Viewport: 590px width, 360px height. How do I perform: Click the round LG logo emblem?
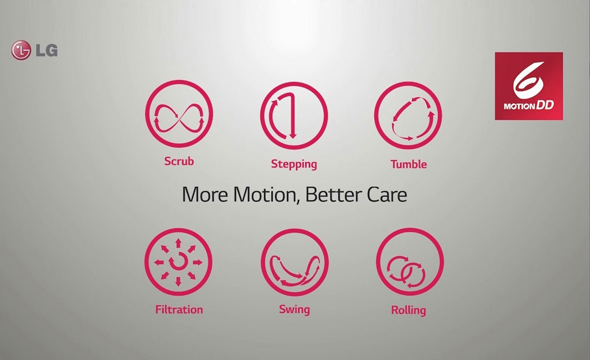point(21,50)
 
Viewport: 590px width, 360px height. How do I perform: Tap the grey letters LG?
point(46,50)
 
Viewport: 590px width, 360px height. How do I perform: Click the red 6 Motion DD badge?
point(529,86)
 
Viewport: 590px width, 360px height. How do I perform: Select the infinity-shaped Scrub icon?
point(179,114)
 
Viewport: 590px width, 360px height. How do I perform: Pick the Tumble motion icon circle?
point(408,116)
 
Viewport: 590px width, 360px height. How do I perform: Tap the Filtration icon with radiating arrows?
point(178,262)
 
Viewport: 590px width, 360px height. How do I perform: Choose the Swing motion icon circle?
point(295,262)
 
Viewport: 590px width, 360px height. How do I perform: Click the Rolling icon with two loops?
point(410,262)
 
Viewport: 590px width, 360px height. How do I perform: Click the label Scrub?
point(179,161)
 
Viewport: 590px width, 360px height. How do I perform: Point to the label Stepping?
point(294,164)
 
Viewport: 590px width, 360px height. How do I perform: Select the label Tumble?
point(409,164)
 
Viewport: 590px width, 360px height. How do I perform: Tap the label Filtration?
point(179,310)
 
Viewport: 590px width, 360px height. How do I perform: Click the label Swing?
point(295,310)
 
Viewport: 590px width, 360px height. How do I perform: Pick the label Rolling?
point(409,310)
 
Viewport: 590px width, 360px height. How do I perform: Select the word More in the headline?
point(205,195)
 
